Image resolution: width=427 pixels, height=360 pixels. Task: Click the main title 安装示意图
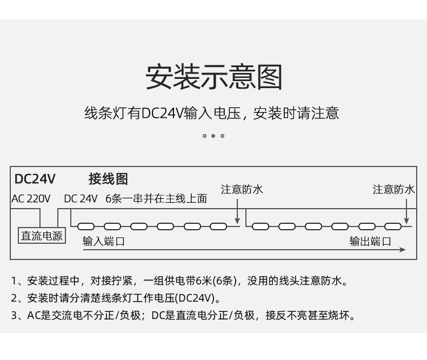[214, 77]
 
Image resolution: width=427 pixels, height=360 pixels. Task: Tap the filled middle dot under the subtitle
[213, 136]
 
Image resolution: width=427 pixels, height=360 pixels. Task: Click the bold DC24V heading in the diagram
[35, 179]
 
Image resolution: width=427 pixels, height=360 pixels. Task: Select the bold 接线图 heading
[108, 179]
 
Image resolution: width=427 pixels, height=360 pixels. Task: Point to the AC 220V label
[31, 199]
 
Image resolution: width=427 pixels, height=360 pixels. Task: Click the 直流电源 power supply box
[42, 236]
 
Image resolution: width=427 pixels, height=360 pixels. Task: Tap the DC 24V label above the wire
[81, 199]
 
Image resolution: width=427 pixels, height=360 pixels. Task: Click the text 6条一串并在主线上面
[156, 199]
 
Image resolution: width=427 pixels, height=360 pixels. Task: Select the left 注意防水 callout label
[242, 190]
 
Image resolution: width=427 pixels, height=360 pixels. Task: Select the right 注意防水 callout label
[393, 190]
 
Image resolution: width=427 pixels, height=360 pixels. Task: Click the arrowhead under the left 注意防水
[237, 221]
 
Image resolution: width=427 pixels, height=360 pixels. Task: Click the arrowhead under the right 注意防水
[406, 221]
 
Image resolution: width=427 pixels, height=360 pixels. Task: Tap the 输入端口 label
[103, 242]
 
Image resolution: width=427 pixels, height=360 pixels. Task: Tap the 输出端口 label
[370, 242]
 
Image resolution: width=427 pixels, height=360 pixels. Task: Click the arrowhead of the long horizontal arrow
[403, 250]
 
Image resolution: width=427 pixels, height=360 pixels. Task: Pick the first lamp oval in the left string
[86, 226]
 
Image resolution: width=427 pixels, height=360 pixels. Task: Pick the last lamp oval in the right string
[393, 226]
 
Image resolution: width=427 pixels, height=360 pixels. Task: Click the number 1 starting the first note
[14, 281]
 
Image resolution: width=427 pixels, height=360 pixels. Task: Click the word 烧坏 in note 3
[339, 315]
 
